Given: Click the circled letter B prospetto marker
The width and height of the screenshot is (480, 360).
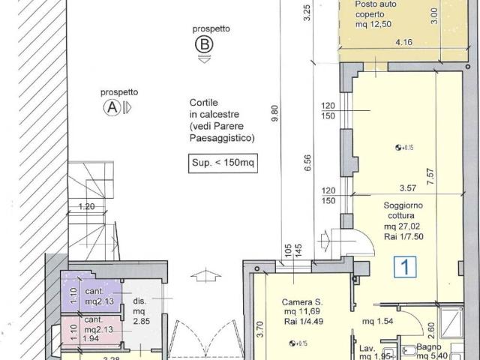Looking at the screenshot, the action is (x=204, y=44).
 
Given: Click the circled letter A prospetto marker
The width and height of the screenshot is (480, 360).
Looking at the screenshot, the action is (x=112, y=107).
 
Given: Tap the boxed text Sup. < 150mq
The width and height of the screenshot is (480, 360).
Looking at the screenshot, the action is (x=223, y=163).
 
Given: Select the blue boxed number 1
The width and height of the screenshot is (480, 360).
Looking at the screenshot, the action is (x=405, y=267).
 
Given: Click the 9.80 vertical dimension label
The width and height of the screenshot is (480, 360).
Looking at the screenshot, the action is (x=275, y=113).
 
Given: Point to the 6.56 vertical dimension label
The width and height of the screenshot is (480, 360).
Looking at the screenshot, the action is (x=307, y=163).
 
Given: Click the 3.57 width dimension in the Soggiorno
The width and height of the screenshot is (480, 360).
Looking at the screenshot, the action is (x=408, y=188).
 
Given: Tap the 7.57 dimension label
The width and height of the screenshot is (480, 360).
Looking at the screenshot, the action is (x=430, y=176).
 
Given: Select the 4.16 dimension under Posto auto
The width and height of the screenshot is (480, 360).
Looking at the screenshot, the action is (x=404, y=42).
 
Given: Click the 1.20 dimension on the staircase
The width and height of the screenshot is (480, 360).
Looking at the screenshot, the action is (x=87, y=207).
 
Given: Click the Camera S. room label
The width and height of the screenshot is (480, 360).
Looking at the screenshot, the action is (x=302, y=302).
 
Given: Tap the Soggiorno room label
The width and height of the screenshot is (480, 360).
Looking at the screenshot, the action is (x=403, y=205).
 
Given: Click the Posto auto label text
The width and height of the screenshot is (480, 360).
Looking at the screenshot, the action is (x=376, y=4).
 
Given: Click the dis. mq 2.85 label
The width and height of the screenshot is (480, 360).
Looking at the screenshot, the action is (x=141, y=311).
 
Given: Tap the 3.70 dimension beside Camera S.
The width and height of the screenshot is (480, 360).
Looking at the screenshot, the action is (x=260, y=329).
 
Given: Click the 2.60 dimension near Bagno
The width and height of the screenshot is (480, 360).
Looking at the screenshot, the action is (x=431, y=331).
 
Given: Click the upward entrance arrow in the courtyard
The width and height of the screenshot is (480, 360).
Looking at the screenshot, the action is (x=205, y=275).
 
